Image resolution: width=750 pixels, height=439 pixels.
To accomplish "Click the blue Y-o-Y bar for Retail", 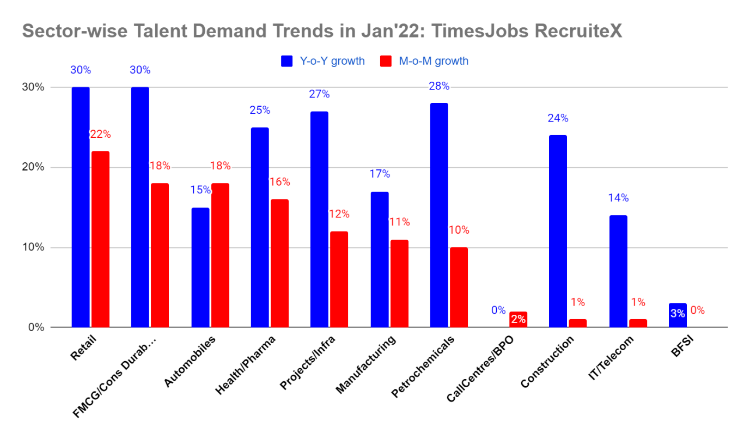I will (81, 207).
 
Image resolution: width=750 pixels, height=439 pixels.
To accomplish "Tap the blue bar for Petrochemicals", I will (439, 215).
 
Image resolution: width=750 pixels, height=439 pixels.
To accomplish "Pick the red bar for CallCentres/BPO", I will (518, 319).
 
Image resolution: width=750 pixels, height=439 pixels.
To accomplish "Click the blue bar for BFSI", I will (678, 315).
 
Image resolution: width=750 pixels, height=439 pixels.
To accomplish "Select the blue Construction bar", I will (558, 231).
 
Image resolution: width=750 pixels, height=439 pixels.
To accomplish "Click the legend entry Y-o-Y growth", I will (324, 61).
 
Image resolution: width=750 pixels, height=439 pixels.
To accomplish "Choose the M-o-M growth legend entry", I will (424, 61).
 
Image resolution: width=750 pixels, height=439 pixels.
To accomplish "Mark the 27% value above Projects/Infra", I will (319, 94).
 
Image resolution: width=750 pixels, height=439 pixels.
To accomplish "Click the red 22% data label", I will (100, 134).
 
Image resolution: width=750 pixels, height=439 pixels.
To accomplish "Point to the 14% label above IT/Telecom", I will (618, 198).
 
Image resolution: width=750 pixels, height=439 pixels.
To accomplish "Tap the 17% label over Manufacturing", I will (380, 174).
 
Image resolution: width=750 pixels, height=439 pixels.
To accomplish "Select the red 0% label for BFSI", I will (698, 310).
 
